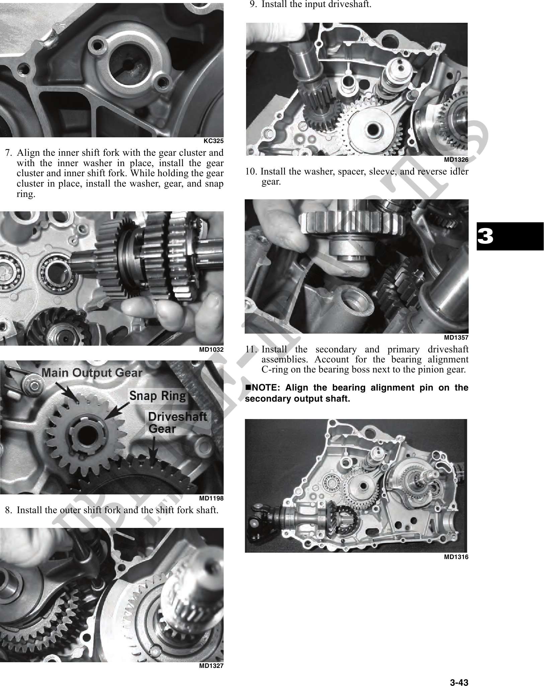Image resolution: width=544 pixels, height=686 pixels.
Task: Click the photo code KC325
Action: pos(214,141)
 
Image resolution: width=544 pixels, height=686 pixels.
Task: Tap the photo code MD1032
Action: pos(211,350)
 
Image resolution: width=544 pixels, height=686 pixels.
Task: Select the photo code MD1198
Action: pos(211,498)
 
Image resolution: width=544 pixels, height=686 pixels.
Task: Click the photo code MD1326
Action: pos(456,160)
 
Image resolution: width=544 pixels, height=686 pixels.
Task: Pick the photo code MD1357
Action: pos(456,338)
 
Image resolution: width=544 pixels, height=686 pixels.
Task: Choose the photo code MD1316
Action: pos(456,557)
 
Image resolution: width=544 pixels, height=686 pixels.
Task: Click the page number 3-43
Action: pos(459,674)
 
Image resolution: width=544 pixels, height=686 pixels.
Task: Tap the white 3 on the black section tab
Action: pos(485,236)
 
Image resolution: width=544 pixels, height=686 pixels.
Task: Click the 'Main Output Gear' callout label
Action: pos(92,373)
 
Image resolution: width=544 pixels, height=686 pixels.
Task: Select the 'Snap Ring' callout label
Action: pos(158,396)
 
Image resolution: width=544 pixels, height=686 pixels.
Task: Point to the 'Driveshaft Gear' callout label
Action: pos(177,423)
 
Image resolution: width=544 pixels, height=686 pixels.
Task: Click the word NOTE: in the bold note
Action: pos(265,388)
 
